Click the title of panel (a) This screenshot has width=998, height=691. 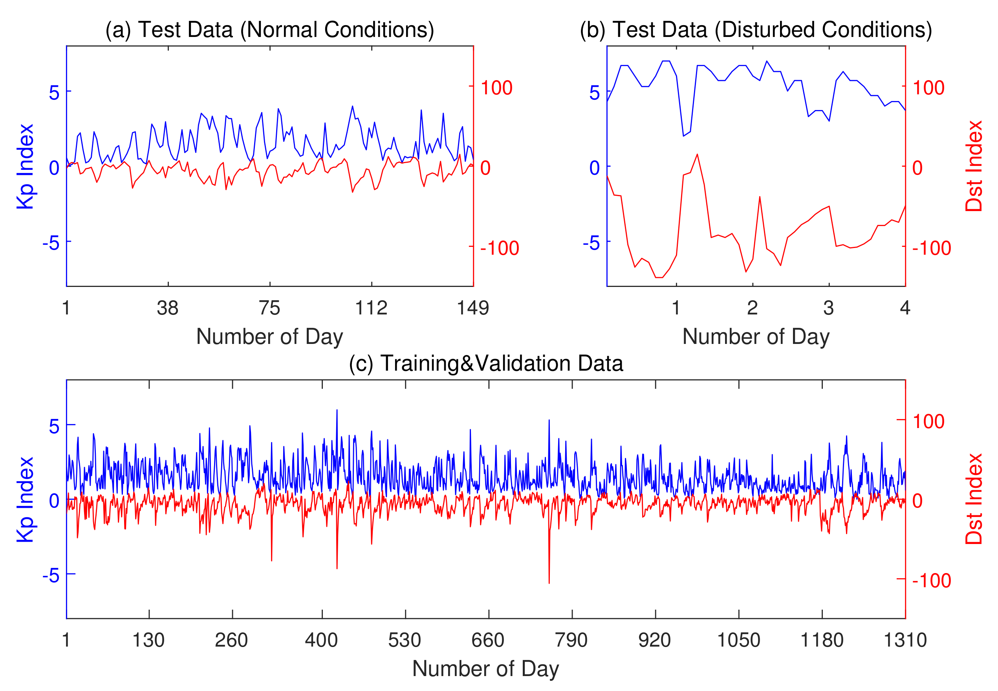click(x=269, y=30)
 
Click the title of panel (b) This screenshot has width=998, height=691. click(x=756, y=30)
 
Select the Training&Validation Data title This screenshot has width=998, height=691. click(x=485, y=364)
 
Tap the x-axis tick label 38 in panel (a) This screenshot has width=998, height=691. click(x=167, y=308)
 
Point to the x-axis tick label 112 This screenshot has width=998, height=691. click(x=371, y=308)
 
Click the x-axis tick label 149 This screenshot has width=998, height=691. click(x=472, y=308)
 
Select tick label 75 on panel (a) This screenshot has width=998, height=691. click(x=269, y=308)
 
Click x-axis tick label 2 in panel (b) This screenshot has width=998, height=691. click(x=752, y=308)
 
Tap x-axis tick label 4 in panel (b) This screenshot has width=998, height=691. click(x=905, y=308)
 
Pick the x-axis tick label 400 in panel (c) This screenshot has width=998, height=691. click(x=321, y=640)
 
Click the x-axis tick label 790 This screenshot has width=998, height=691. click(x=571, y=640)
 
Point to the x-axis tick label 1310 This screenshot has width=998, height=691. click(x=905, y=640)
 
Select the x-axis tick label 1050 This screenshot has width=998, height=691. click(x=738, y=640)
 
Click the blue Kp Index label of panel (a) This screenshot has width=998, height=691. click(x=25, y=166)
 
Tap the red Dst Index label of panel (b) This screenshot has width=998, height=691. click(x=974, y=166)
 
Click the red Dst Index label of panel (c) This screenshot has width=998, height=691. click(x=974, y=499)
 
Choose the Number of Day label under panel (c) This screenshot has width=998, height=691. click(x=485, y=669)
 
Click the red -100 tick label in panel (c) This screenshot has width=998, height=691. click(x=931, y=581)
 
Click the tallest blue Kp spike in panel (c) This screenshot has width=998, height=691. click(x=337, y=411)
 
